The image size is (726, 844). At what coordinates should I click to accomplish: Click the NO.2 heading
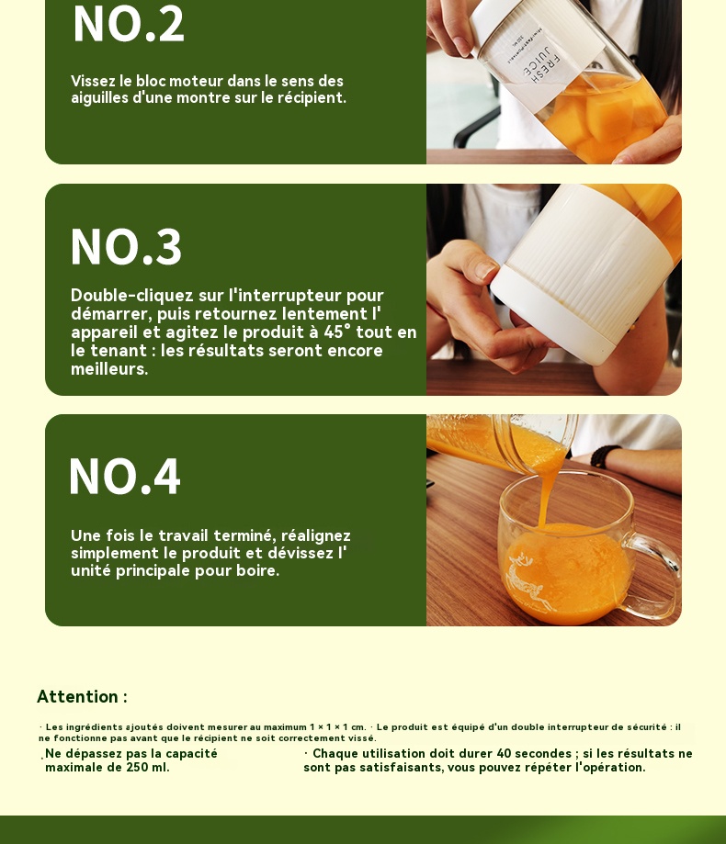(129, 24)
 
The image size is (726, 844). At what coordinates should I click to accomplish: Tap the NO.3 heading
(126, 246)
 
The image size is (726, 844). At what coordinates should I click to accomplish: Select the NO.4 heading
(125, 477)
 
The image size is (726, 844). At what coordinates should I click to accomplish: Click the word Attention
(77, 696)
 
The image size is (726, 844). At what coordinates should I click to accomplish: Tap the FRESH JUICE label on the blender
(541, 63)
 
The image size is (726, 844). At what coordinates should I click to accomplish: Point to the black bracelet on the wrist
(605, 456)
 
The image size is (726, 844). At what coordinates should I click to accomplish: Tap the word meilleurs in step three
(109, 368)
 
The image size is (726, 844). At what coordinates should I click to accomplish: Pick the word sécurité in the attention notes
(646, 726)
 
